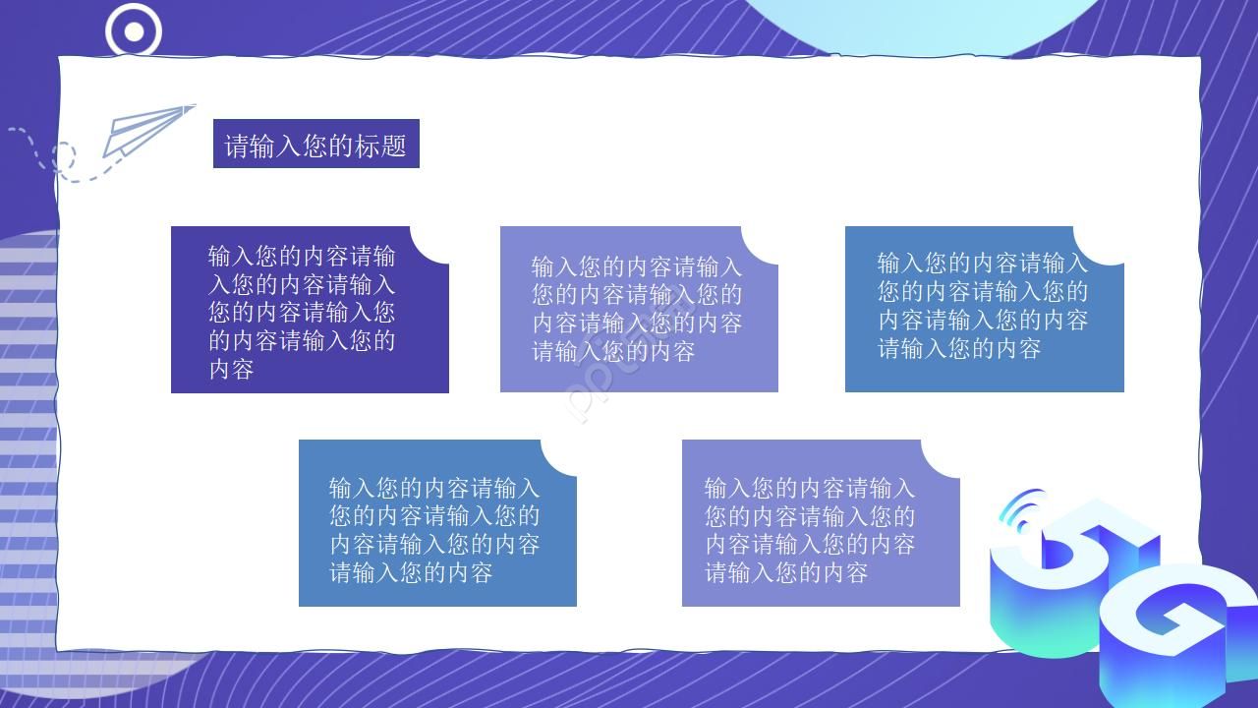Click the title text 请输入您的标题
tap(315, 146)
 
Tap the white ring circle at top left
tap(134, 31)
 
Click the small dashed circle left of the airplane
tap(63, 156)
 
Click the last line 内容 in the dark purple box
tap(232, 370)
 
